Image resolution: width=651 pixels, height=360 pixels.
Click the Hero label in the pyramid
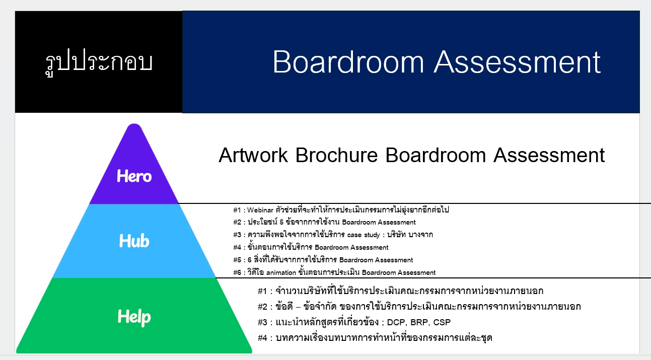(134, 176)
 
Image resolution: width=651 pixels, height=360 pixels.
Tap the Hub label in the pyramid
(134, 241)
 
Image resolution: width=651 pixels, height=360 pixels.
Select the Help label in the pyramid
(134, 317)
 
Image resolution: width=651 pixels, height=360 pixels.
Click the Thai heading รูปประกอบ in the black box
(99, 62)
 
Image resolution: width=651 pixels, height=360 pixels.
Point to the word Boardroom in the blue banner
(348, 62)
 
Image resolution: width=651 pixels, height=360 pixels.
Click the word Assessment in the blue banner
(517, 62)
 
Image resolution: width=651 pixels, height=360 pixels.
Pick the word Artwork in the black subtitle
(253, 155)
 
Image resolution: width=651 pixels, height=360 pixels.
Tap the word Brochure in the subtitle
(336, 155)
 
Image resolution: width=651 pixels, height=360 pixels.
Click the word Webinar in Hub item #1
(260, 210)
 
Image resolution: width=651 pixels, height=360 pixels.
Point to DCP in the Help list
(396, 322)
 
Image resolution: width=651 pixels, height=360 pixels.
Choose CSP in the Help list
(442, 322)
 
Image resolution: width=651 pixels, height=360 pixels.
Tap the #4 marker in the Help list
(262, 338)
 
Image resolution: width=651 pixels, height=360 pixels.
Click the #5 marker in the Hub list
(237, 260)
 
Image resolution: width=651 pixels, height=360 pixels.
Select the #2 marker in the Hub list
(237, 222)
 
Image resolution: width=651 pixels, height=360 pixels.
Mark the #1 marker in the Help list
(262, 291)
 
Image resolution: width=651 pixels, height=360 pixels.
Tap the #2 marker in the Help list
(262, 307)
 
